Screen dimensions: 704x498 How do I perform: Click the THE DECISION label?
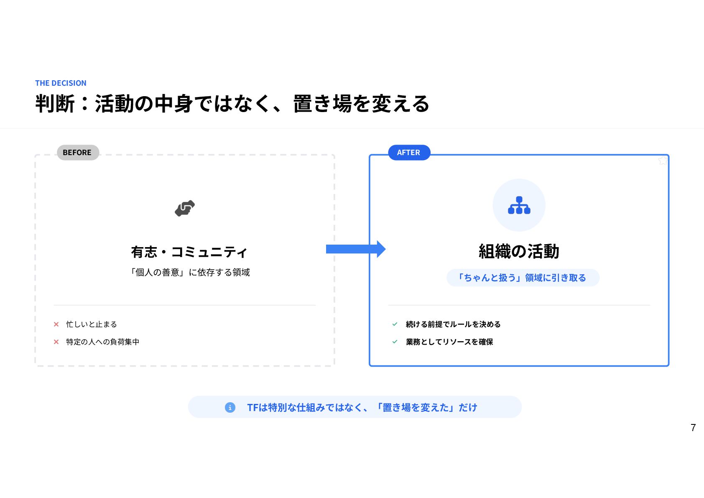tap(61, 83)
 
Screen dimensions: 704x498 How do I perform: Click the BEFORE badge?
tap(78, 153)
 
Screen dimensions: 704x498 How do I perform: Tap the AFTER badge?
tap(409, 153)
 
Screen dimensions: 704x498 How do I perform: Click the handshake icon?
tap(185, 208)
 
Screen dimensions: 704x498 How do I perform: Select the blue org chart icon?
tap(519, 205)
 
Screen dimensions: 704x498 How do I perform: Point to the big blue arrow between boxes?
tap(355, 249)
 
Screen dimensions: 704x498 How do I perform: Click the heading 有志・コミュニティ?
tap(189, 252)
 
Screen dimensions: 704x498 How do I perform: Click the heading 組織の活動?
tap(519, 252)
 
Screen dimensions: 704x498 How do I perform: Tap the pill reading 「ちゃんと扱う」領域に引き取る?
tap(523, 278)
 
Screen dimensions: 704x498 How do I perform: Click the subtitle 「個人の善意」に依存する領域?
tap(190, 273)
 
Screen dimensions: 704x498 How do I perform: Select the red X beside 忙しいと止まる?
tap(56, 324)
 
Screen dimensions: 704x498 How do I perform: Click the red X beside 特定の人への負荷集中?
tap(56, 342)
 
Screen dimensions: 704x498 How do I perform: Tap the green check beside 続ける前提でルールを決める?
tap(395, 324)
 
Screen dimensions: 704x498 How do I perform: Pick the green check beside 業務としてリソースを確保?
tap(395, 342)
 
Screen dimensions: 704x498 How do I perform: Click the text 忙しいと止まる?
tap(92, 324)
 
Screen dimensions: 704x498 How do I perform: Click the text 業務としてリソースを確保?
tap(449, 342)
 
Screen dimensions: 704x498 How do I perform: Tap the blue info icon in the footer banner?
tap(230, 407)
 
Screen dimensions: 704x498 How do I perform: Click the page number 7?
tap(693, 428)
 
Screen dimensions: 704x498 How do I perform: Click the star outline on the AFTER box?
tap(663, 160)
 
